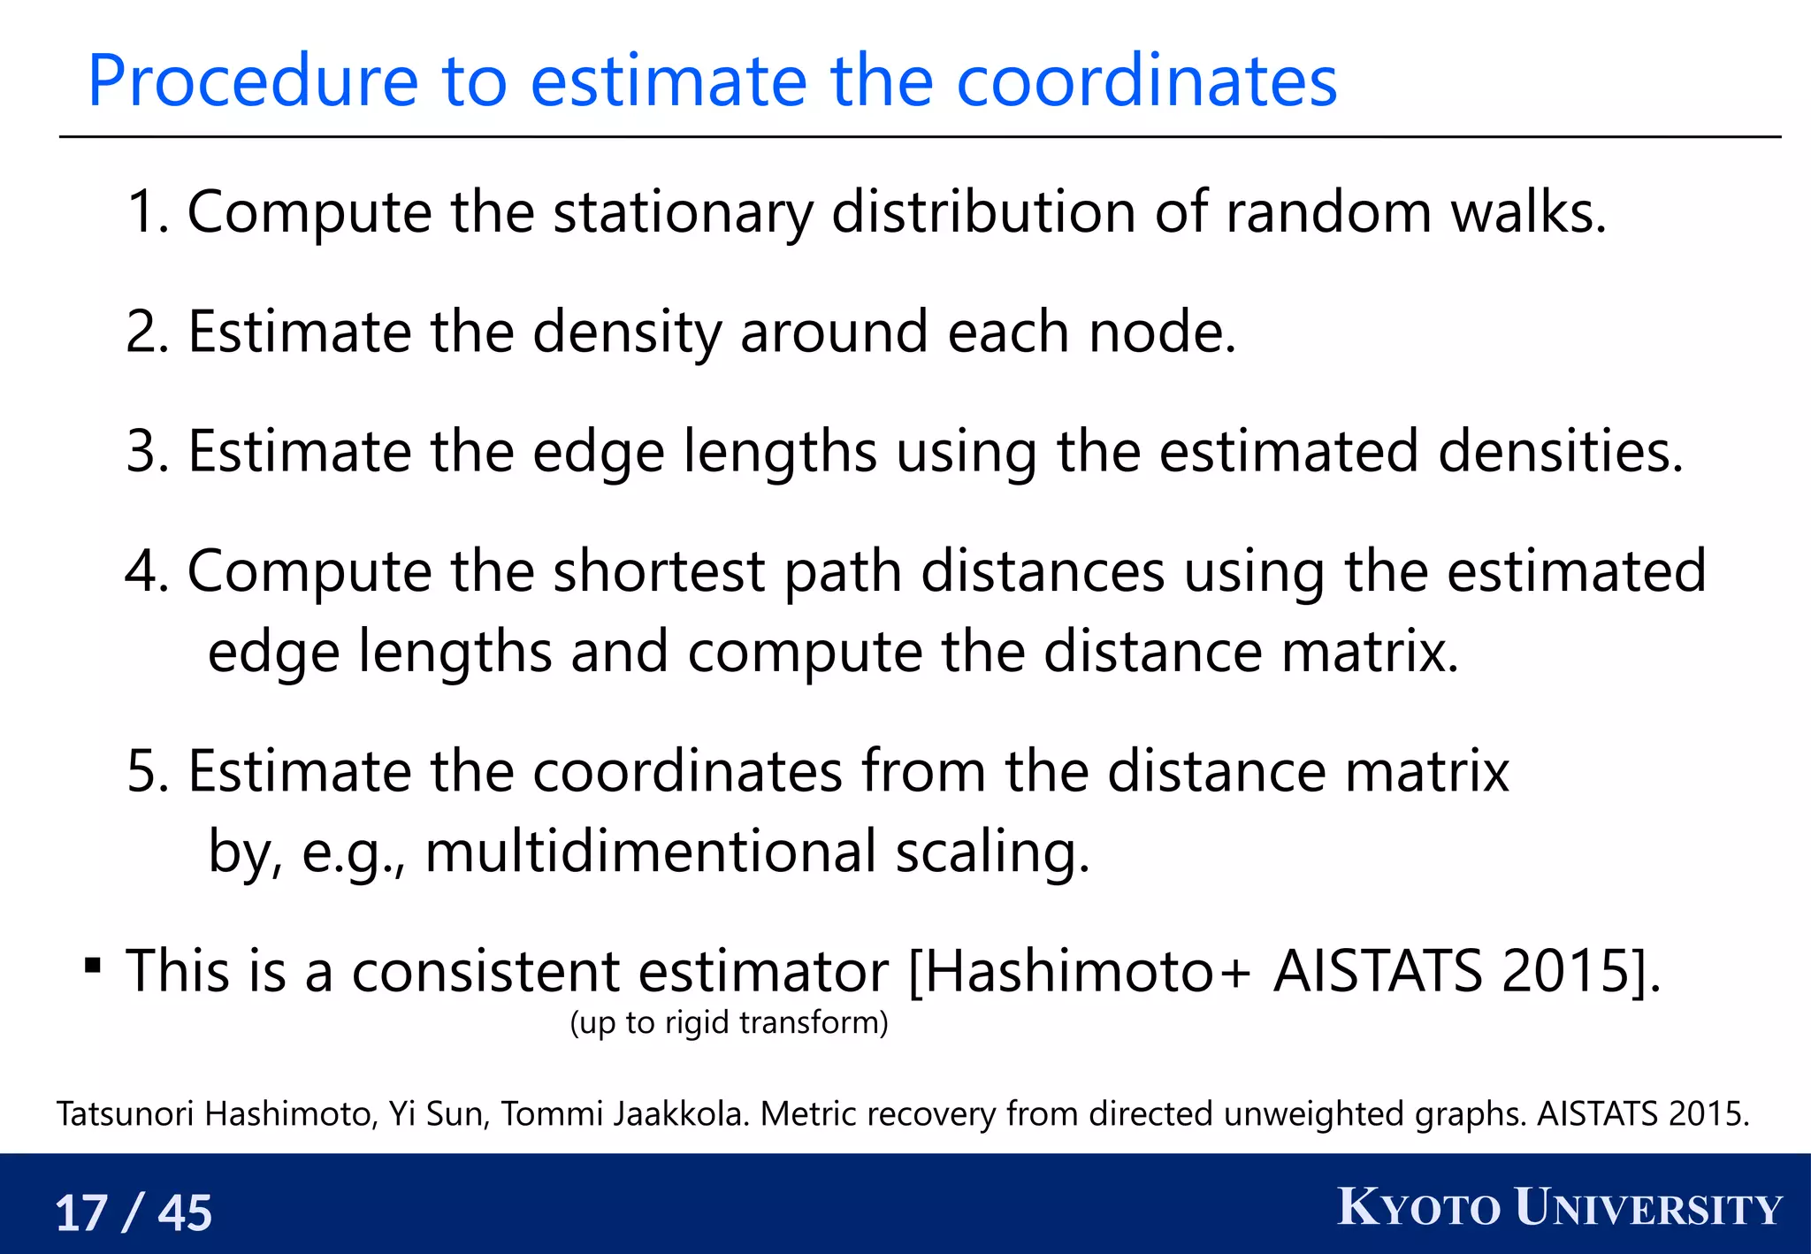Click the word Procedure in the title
pos(252,81)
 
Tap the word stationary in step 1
pos(682,212)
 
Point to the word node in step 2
pos(1160,333)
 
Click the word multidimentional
pos(650,852)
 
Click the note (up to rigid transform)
pos(729,1022)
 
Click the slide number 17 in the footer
pos(81,1212)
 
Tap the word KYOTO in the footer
pos(1418,1208)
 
